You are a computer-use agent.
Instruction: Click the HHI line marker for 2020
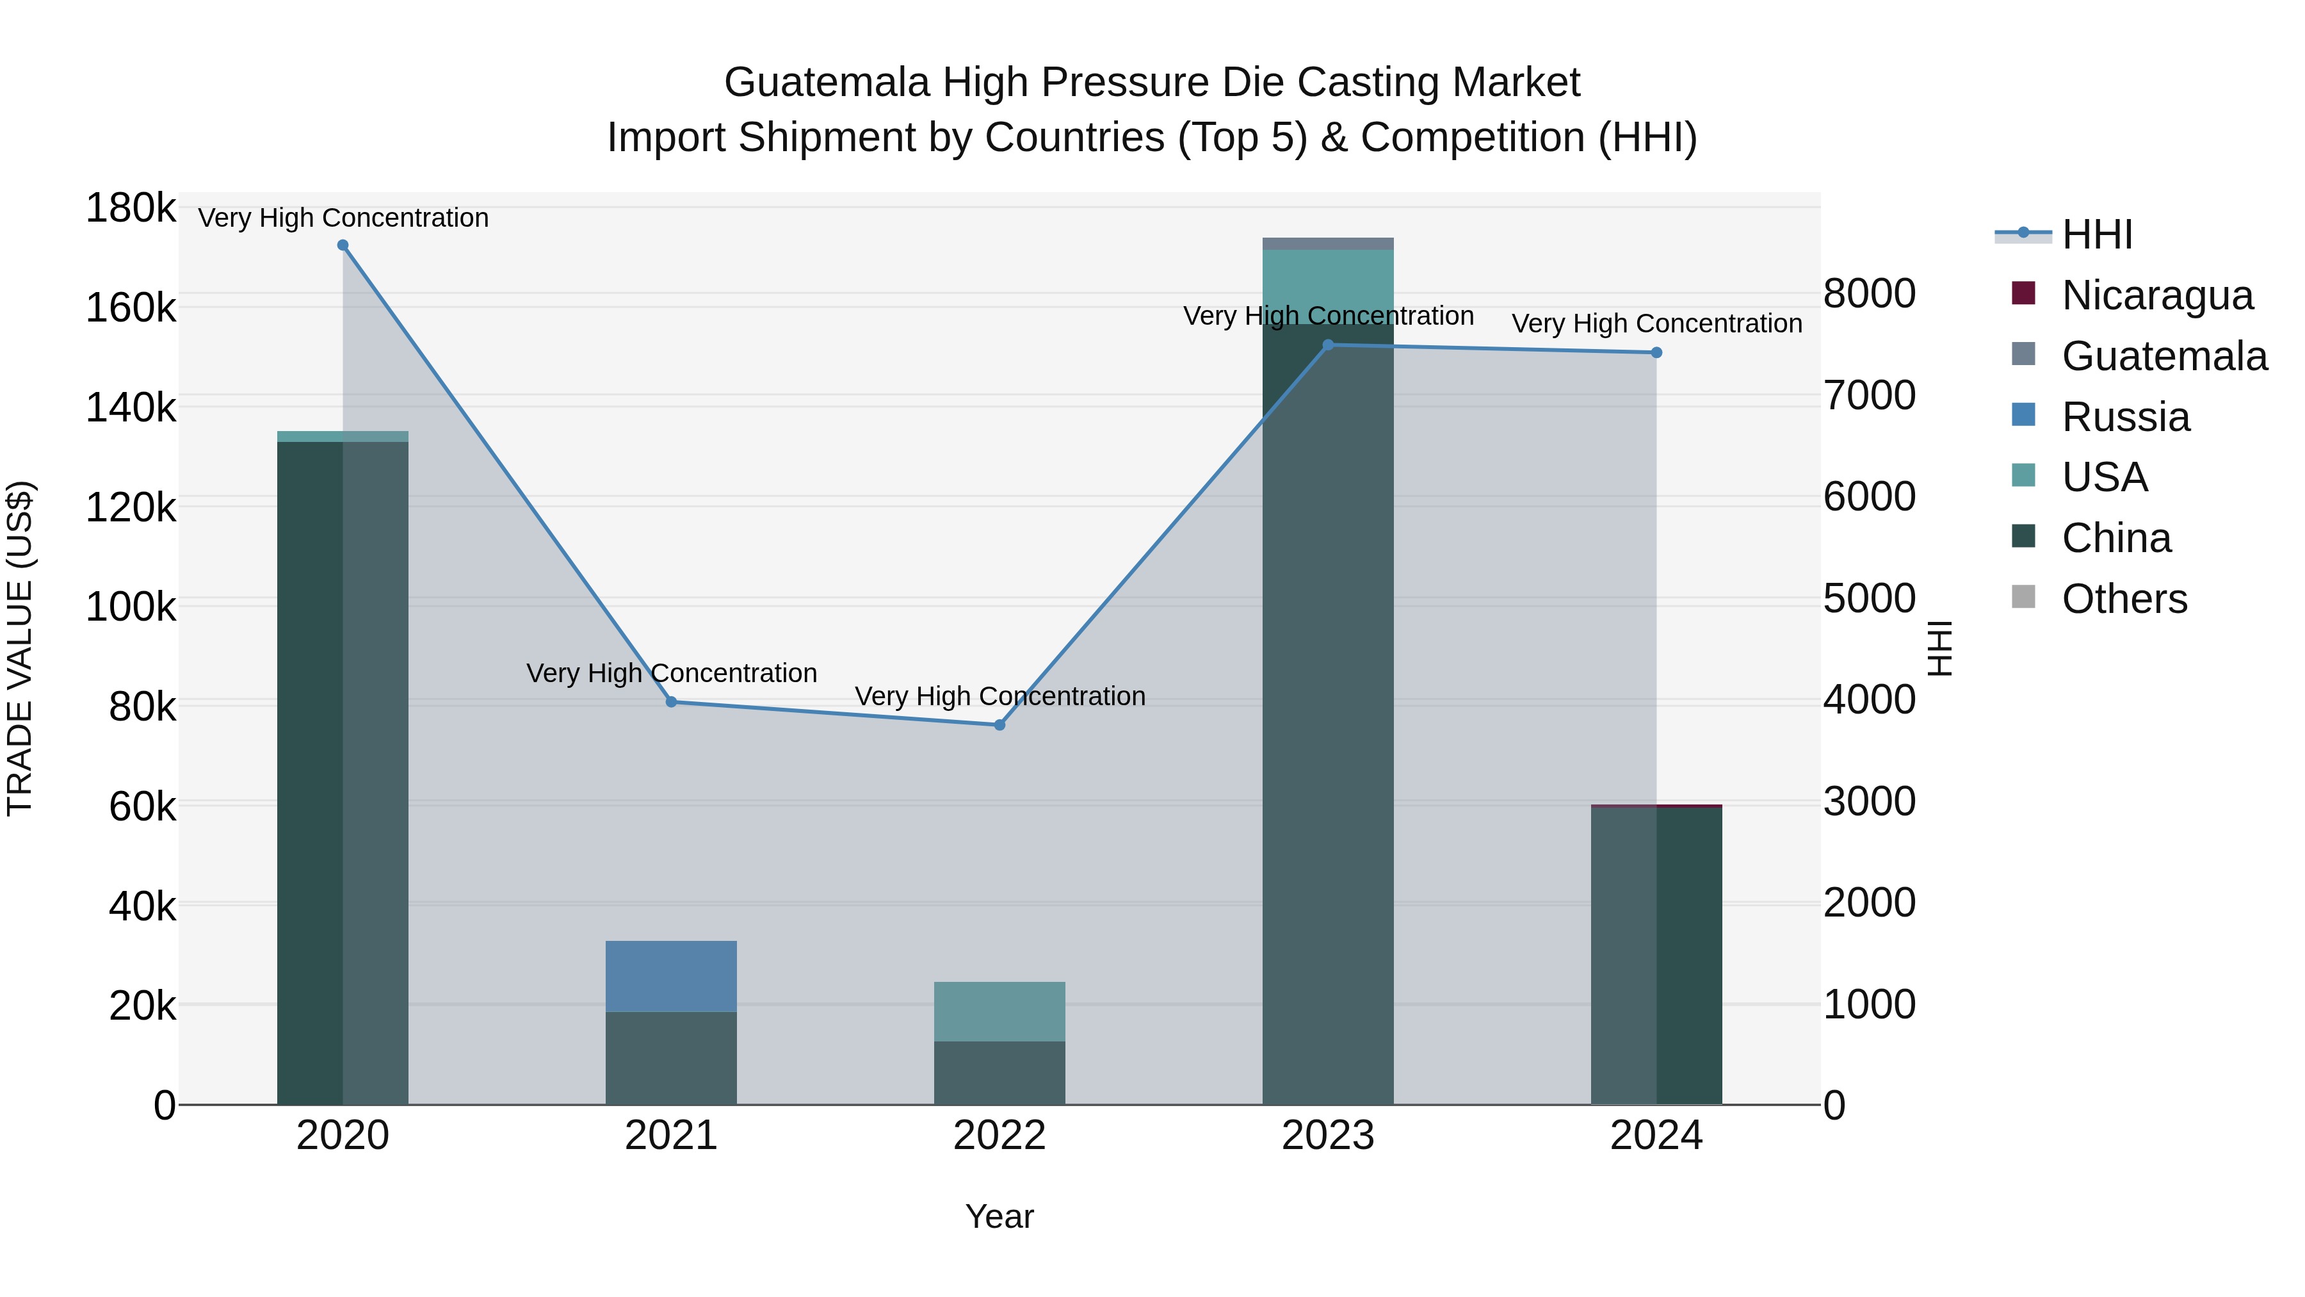[x=343, y=245]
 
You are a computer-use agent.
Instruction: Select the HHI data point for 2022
[x=999, y=725]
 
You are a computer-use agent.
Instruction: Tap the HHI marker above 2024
[x=1656, y=353]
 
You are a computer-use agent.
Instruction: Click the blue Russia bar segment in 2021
[x=671, y=975]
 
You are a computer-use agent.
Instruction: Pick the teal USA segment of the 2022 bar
[x=999, y=1011]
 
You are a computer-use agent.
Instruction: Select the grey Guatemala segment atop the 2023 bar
[x=1328, y=243]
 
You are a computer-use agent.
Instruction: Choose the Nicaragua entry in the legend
[x=2156, y=295]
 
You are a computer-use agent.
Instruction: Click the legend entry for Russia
[x=2125, y=417]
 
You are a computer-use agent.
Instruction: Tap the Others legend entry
[x=2123, y=599]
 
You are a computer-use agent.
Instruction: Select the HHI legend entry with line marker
[x=2096, y=234]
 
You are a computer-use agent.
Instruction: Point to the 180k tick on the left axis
[x=131, y=209]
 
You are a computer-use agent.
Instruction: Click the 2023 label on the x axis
[x=1328, y=1136]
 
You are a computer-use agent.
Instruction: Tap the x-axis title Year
[x=999, y=1216]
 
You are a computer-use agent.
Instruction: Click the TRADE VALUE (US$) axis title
[x=20, y=648]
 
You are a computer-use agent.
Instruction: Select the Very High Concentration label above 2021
[x=671, y=673]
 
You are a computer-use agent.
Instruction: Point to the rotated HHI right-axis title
[x=1939, y=648]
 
